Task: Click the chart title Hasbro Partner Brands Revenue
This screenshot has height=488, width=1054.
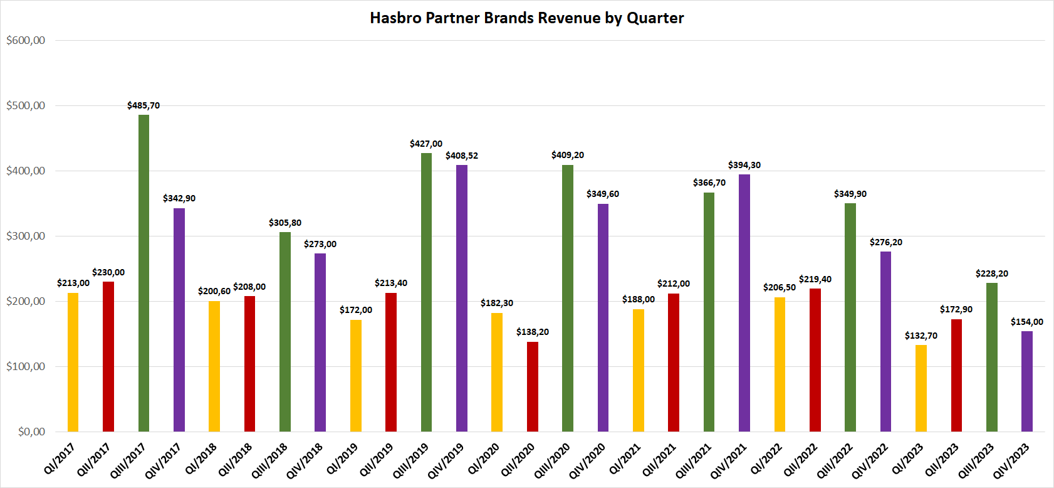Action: pos(526,18)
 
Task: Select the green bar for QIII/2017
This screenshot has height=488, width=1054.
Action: pos(143,273)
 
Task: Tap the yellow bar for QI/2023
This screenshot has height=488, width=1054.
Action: pos(921,388)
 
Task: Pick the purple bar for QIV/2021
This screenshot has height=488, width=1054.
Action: pos(744,303)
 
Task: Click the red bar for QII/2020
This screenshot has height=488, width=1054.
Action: pos(533,386)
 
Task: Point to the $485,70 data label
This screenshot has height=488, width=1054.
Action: pos(143,105)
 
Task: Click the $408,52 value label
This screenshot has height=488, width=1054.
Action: pos(462,156)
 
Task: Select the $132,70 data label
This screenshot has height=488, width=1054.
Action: pos(921,336)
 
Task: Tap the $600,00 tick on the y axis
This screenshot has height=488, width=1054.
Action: pos(26,40)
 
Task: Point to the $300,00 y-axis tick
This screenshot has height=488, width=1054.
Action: pos(26,236)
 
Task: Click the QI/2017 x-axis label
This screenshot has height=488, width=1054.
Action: pos(60,459)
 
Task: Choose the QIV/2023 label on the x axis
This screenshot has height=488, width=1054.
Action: pos(1011,461)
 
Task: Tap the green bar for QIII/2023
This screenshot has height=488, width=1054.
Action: pos(992,357)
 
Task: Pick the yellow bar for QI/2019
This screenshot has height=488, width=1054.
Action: pos(356,376)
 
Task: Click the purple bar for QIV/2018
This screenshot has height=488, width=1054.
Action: pos(320,342)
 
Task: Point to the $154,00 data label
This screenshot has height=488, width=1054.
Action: pos(1027,322)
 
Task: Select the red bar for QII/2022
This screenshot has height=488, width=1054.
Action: pos(815,360)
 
